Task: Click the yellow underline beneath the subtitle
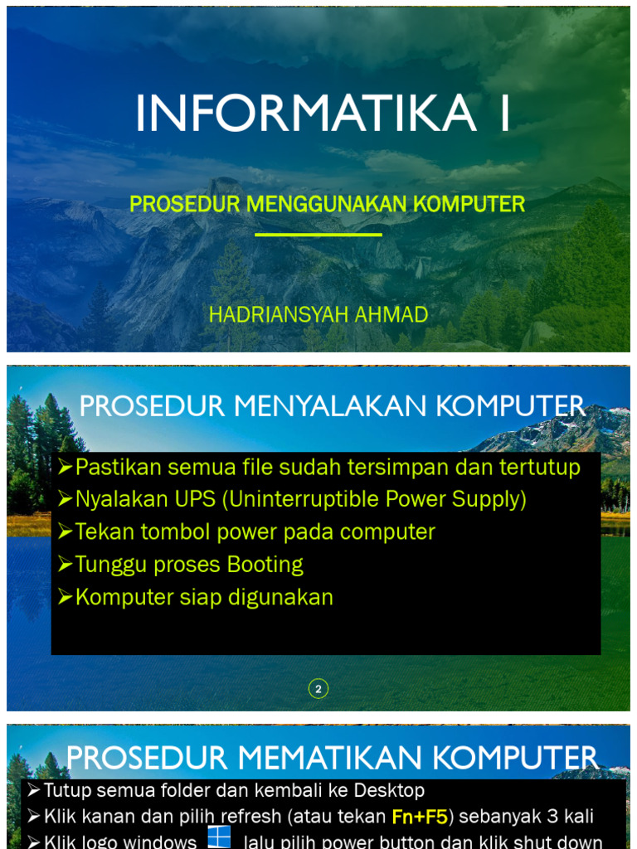[318, 235]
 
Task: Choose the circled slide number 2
[318, 688]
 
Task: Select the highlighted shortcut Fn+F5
[420, 817]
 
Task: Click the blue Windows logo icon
[219, 837]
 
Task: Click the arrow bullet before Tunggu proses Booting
[66, 565]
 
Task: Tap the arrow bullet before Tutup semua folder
[34, 790]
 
